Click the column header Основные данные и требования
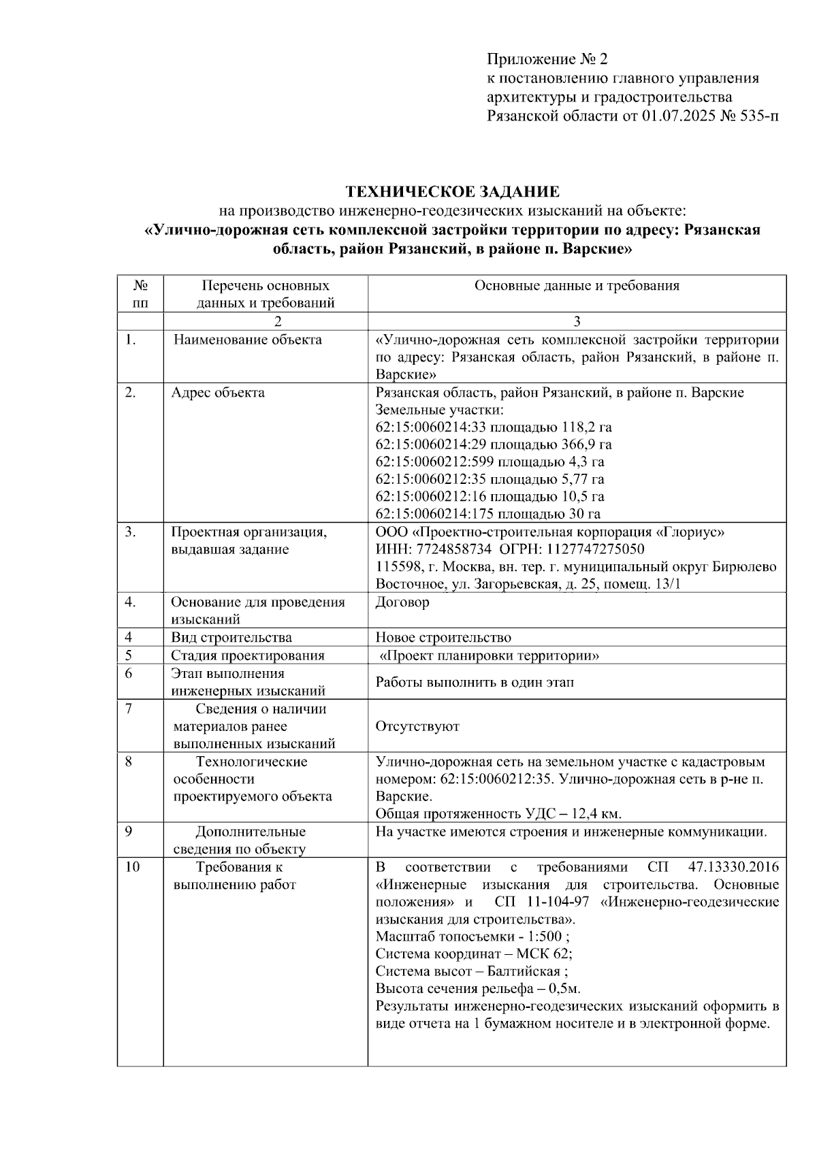coord(577,286)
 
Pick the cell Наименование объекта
coord(247,340)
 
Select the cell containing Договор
coord(402,602)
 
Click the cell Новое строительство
coord(443,638)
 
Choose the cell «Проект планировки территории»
coord(489,655)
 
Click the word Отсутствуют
coord(417,726)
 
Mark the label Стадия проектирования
coord(247,655)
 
